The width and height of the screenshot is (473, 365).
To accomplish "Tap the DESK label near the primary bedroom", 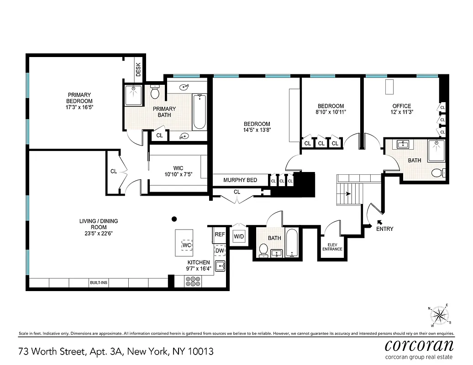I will tap(138, 70).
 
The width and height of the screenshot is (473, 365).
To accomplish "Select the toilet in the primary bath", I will tap(155, 93).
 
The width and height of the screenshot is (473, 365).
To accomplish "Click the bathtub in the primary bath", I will tap(200, 112).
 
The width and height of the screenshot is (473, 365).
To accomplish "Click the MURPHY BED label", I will tap(240, 180).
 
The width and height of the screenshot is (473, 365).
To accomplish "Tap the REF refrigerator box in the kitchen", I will tap(220, 235).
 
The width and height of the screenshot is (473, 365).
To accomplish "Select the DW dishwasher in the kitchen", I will tap(220, 250).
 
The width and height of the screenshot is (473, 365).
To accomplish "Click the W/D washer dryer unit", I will tap(239, 237).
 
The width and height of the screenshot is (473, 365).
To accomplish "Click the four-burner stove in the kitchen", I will tap(193, 282).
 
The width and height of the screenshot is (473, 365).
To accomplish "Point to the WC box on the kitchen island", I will tap(186, 245).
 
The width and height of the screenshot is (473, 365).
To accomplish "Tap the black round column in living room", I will tap(173, 219).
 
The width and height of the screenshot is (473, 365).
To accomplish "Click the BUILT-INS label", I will tap(98, 283).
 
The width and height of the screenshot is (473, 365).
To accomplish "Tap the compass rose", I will tap(440, 314).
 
